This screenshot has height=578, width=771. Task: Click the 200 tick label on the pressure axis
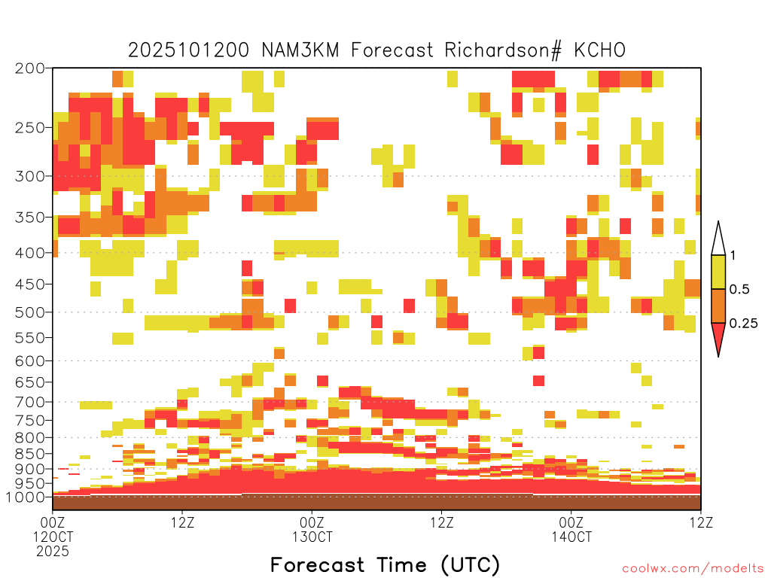pos(29,68)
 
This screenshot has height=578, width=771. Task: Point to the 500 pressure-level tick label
pos(29,312)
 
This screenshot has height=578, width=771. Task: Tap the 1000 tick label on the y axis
pos(26,497)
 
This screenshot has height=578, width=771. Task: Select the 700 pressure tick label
pos(29,402)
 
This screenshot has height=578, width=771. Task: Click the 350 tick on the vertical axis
pos(29,218)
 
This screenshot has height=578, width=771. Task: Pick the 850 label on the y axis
pos(29,454)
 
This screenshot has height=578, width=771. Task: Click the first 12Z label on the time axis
pos(182,522)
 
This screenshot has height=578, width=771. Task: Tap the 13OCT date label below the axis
pos(312,537)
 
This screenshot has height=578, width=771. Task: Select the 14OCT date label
pos(571,537)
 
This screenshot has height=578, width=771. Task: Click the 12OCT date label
pos(53,537)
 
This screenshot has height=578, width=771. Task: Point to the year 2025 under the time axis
pos(53,552)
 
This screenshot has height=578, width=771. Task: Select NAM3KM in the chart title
pos(300,50)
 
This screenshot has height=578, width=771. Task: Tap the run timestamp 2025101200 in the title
pos(189,50)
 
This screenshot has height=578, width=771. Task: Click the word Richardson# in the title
pos(502,50)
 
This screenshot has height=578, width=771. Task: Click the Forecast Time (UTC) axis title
pos(385,565)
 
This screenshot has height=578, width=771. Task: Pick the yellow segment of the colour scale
pos(718,272)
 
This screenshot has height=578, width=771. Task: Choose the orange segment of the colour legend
pos(718,306)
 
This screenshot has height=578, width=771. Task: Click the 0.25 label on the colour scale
pos(743,324)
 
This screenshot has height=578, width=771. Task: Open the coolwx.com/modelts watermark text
pos(693,569)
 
